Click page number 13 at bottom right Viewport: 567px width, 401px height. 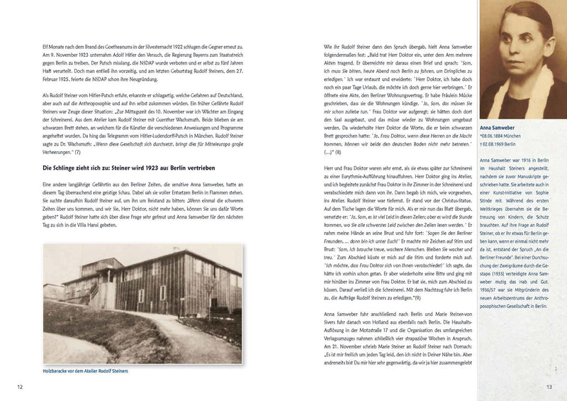pos(548,386)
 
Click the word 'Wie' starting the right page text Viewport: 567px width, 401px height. pos(318,44)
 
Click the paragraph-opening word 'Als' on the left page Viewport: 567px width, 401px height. pos(46,94)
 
